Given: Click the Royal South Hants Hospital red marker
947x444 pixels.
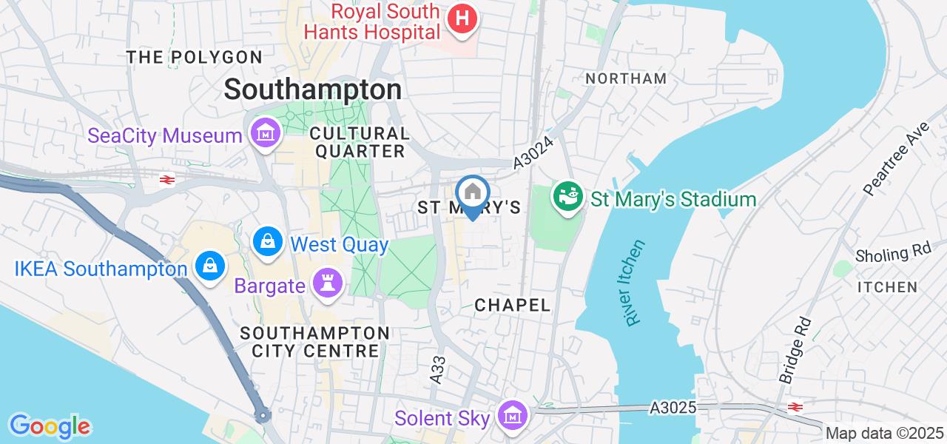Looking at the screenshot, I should click(x=462, y=19).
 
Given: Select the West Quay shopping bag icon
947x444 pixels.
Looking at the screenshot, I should click(x=267, y=241).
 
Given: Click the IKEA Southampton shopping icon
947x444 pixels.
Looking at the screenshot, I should click(x=210, y=266).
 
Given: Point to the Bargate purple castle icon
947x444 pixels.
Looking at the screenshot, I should click(x=324, y=284).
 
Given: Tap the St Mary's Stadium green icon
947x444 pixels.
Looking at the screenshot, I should click(x=567, y=198).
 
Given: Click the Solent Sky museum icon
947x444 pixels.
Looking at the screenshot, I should click(x=511, y=415).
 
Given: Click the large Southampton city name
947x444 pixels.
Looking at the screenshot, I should click(x=313, y=90).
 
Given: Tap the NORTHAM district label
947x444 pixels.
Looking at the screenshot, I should click(x=626, y=78).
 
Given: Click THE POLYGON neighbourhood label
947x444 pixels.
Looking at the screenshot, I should click(x=194, y=57).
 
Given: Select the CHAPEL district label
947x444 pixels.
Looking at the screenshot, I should click(x=513, y=305).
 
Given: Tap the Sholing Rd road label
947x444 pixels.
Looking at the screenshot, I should click(x=893, y=253).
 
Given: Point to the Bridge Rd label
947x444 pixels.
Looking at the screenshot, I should click(x=795, y=351).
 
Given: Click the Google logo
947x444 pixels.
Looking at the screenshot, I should click(x=50, y=426).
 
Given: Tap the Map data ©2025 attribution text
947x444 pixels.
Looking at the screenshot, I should click(x=885, y=434).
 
